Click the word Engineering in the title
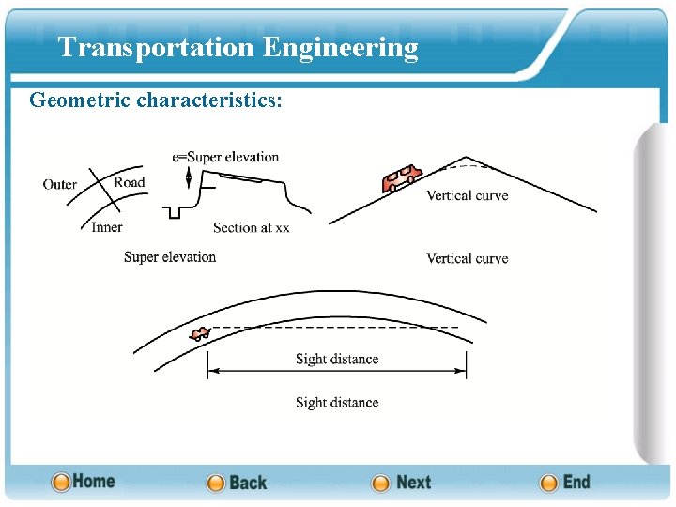(340, 47)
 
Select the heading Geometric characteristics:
(155, 100)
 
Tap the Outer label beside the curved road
(60, 184)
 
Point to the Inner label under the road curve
(107, 227)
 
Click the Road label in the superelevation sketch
(130, 182)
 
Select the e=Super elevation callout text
(226, 157)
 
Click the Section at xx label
(251, 227)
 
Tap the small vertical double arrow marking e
(189, 177)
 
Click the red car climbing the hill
(401, 177)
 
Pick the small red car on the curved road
(199, 333)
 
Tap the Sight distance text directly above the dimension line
(337, 359)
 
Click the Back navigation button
(237, 483)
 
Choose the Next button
(402, 483)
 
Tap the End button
(565, 483)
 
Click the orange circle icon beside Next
(380, 484)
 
